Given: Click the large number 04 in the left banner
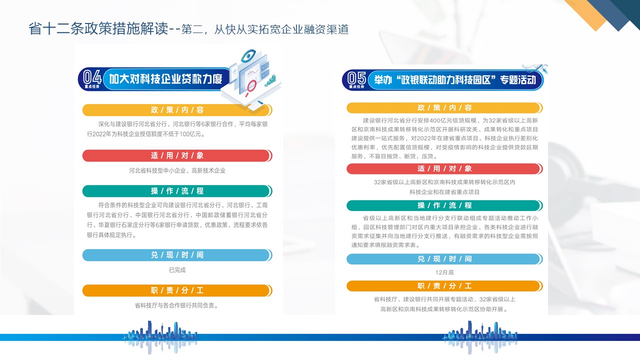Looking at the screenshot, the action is (92, 77).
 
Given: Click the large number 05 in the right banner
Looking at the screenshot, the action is (356, 77).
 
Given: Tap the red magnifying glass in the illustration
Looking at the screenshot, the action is (250, 87).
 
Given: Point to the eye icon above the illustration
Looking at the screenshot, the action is (248, 55).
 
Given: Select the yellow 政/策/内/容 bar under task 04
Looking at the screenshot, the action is (177, 110).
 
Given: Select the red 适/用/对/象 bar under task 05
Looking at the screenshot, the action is (444, 169).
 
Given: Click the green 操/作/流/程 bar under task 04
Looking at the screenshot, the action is (177, 191).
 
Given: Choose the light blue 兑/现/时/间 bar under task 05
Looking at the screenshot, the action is (444, 259).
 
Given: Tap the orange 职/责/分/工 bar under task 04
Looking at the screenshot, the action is (177, 290).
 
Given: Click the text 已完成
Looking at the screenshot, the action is (177, 270).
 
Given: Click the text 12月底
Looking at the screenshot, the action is (444, 272).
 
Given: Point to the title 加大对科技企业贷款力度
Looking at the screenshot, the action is (165, 79).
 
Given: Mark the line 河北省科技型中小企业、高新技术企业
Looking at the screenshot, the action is (177, 171).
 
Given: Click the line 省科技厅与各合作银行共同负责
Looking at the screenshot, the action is (177, 305).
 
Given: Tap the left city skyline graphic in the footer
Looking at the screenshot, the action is (160, 337).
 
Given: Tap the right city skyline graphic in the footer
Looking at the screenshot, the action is (480, 337).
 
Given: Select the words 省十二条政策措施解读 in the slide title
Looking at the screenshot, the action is (98, 29).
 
